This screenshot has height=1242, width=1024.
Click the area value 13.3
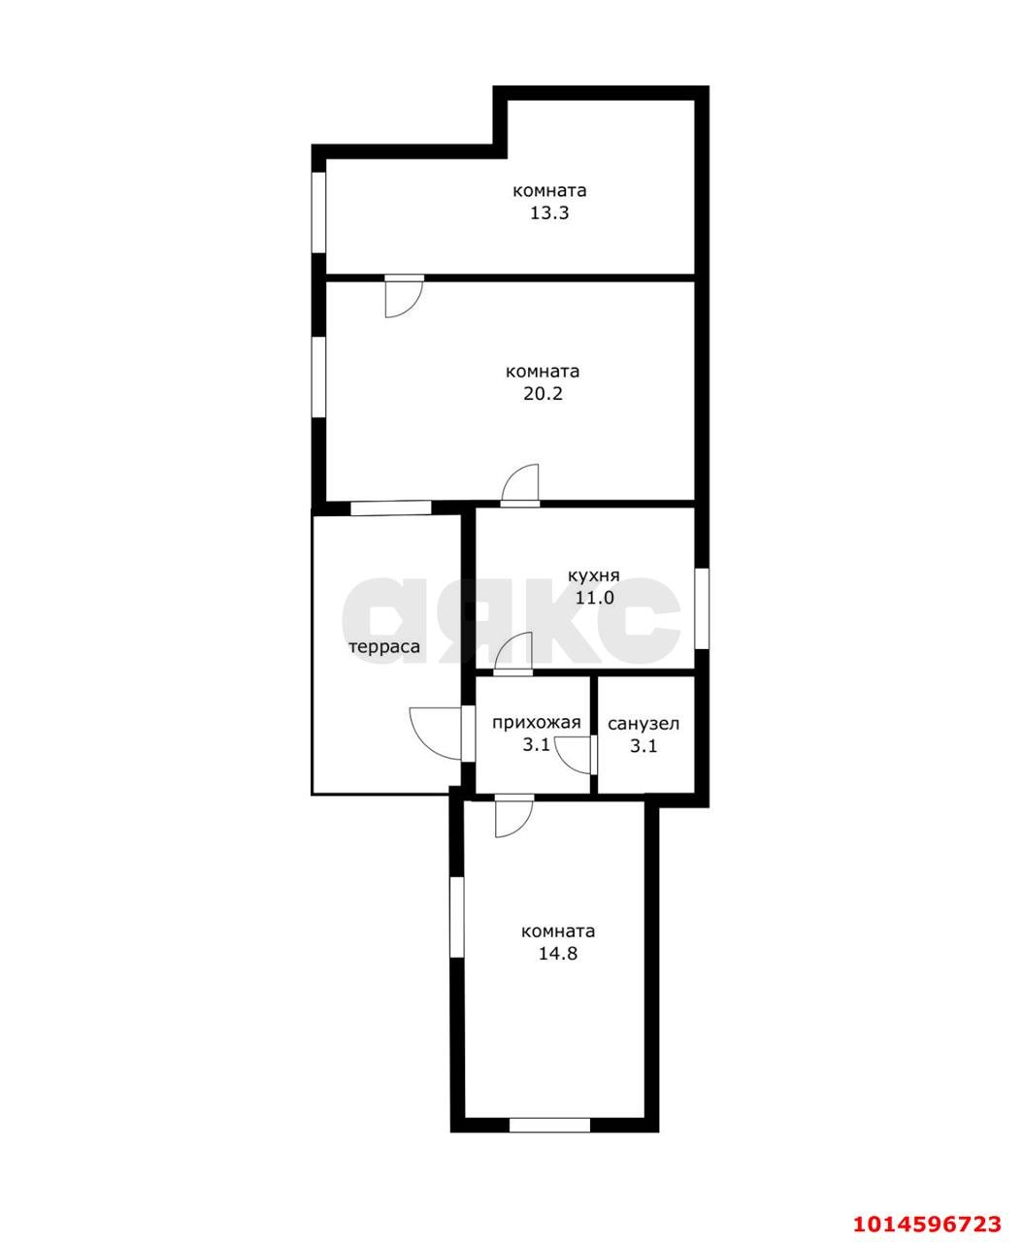click(x=549, y=212)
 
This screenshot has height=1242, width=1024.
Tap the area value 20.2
click(x=543, y=394)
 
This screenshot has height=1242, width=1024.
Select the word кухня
click(x=593, y=576)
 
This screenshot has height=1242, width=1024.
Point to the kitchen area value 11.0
click(x=594, y=598)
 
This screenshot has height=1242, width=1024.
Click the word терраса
click(x=384, y=647)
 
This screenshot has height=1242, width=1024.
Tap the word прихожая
click(x=536, y=723)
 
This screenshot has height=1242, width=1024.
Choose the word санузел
click(x=644, y=724)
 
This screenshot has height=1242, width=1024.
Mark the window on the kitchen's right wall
click(x=702, y=608)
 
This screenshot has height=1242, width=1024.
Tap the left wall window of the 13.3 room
click(x=319, y=212)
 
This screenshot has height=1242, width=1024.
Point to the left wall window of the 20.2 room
click(x=319, y=376)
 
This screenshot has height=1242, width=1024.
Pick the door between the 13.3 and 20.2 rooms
click(x=404, y=296)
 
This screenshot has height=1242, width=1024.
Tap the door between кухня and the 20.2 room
click(x=520, y=485)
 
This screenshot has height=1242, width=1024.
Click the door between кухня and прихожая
click(x=513, y=654)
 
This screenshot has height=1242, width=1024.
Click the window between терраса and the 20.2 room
click(x=390, y=507)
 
